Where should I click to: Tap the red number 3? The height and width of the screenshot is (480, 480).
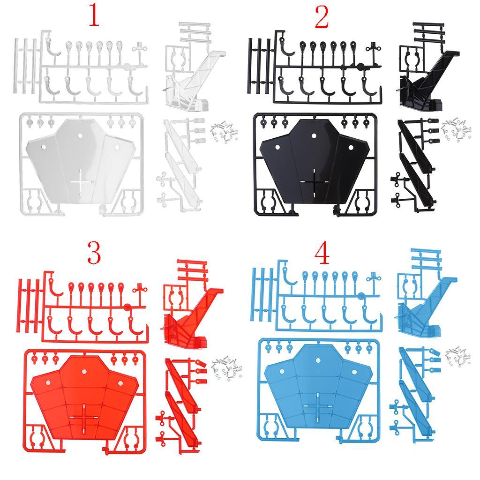(x=94, y=253)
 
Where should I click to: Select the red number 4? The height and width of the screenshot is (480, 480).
(x=322, y=254)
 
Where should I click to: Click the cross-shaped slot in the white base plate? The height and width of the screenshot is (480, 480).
(x=81, y=181)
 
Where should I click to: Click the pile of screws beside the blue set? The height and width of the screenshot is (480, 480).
(x=458, y=357)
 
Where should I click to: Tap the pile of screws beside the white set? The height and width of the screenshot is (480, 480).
(x=224, y=132)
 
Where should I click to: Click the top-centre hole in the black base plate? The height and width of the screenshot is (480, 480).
(x=314, y=135)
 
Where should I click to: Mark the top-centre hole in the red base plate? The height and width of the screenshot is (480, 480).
(x=83, y=371)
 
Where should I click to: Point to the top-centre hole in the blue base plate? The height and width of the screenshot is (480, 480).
(x=318, y=360)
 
